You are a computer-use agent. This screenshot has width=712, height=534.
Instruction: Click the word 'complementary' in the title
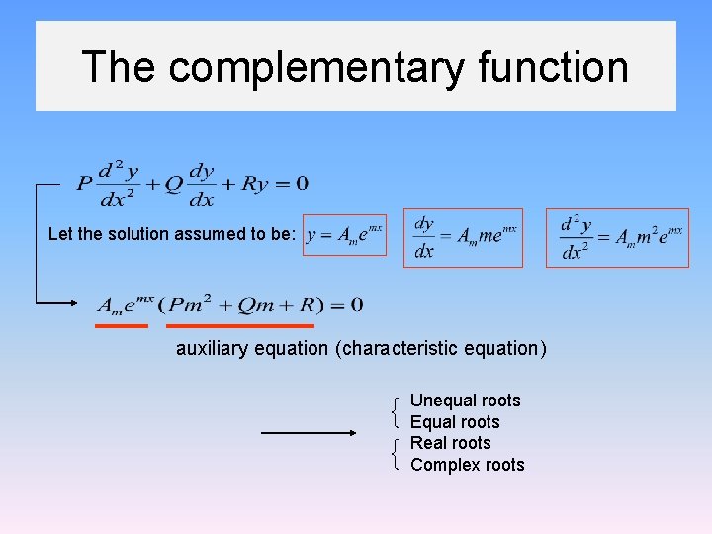315,67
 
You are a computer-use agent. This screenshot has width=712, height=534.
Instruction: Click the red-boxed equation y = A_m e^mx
344,234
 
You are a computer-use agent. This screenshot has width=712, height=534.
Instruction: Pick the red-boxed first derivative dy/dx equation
464,237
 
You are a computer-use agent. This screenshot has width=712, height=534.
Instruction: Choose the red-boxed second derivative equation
617,237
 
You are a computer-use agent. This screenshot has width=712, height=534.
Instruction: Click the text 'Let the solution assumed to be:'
171,234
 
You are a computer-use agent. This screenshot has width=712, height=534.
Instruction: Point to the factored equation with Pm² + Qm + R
229,304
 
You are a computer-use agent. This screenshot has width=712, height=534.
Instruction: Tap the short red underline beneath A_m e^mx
122,324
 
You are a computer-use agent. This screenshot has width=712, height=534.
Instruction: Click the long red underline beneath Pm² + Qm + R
240,324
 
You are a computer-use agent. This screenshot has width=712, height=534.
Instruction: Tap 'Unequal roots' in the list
465,400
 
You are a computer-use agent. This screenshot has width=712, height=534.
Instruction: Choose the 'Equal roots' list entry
455,422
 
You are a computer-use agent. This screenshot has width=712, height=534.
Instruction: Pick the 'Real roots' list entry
450,443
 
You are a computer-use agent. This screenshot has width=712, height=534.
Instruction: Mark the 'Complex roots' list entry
467,465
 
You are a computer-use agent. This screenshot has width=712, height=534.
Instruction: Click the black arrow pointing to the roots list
309,432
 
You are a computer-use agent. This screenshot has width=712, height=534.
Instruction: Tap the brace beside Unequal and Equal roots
396,411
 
